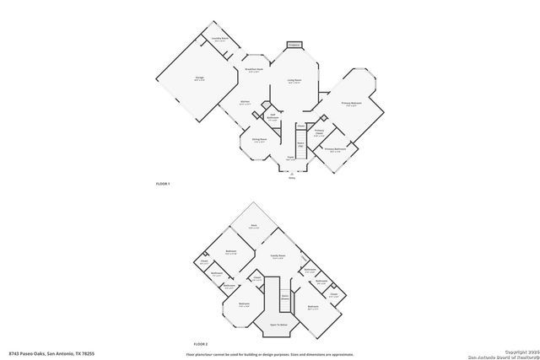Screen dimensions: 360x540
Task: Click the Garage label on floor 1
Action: [199, 78]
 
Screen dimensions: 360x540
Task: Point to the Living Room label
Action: [294, 81]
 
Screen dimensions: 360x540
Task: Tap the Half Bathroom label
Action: [273, 117]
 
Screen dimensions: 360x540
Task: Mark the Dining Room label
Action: [260, 141]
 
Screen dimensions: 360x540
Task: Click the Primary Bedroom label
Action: [349, 104]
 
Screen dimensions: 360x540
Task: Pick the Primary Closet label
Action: [319, 132]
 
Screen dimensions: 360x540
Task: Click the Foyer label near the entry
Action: [289, 158]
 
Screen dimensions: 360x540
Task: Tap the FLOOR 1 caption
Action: [163, 184]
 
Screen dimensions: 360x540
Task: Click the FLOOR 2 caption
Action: [200, 344]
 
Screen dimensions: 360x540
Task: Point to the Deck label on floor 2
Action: [252, 226]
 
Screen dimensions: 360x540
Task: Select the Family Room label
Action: [278, 255]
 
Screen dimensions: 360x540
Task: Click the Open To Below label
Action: [279, 322]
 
